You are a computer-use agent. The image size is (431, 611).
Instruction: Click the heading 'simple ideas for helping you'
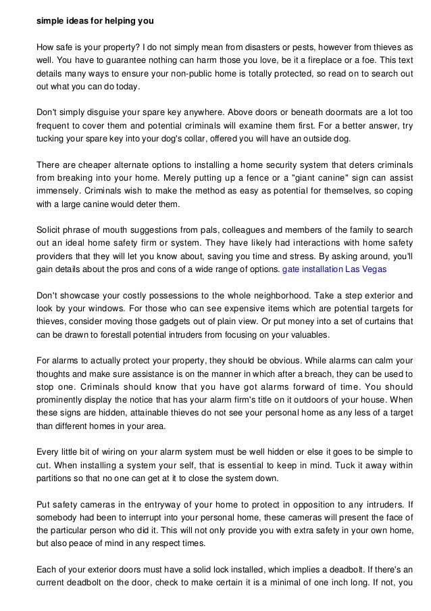tap(95, 21)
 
